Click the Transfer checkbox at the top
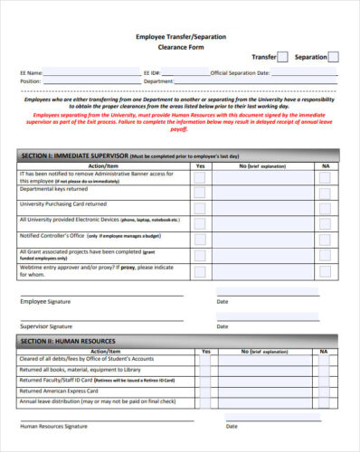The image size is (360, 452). (x=282, y=57)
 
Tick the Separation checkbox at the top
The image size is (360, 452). (x=333, y=57)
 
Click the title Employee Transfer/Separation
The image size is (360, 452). (x=181, y=36)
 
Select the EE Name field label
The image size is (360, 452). (x=31, y=72)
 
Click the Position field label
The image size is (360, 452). (x=30, y=81)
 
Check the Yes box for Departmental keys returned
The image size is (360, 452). (x=199, y=192)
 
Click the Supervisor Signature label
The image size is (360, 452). (x=46, y=325)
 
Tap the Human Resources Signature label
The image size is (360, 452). (x=53, y=425)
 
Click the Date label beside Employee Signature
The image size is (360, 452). (x=222, y=301)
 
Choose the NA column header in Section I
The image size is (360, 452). (x=326, y=166)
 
